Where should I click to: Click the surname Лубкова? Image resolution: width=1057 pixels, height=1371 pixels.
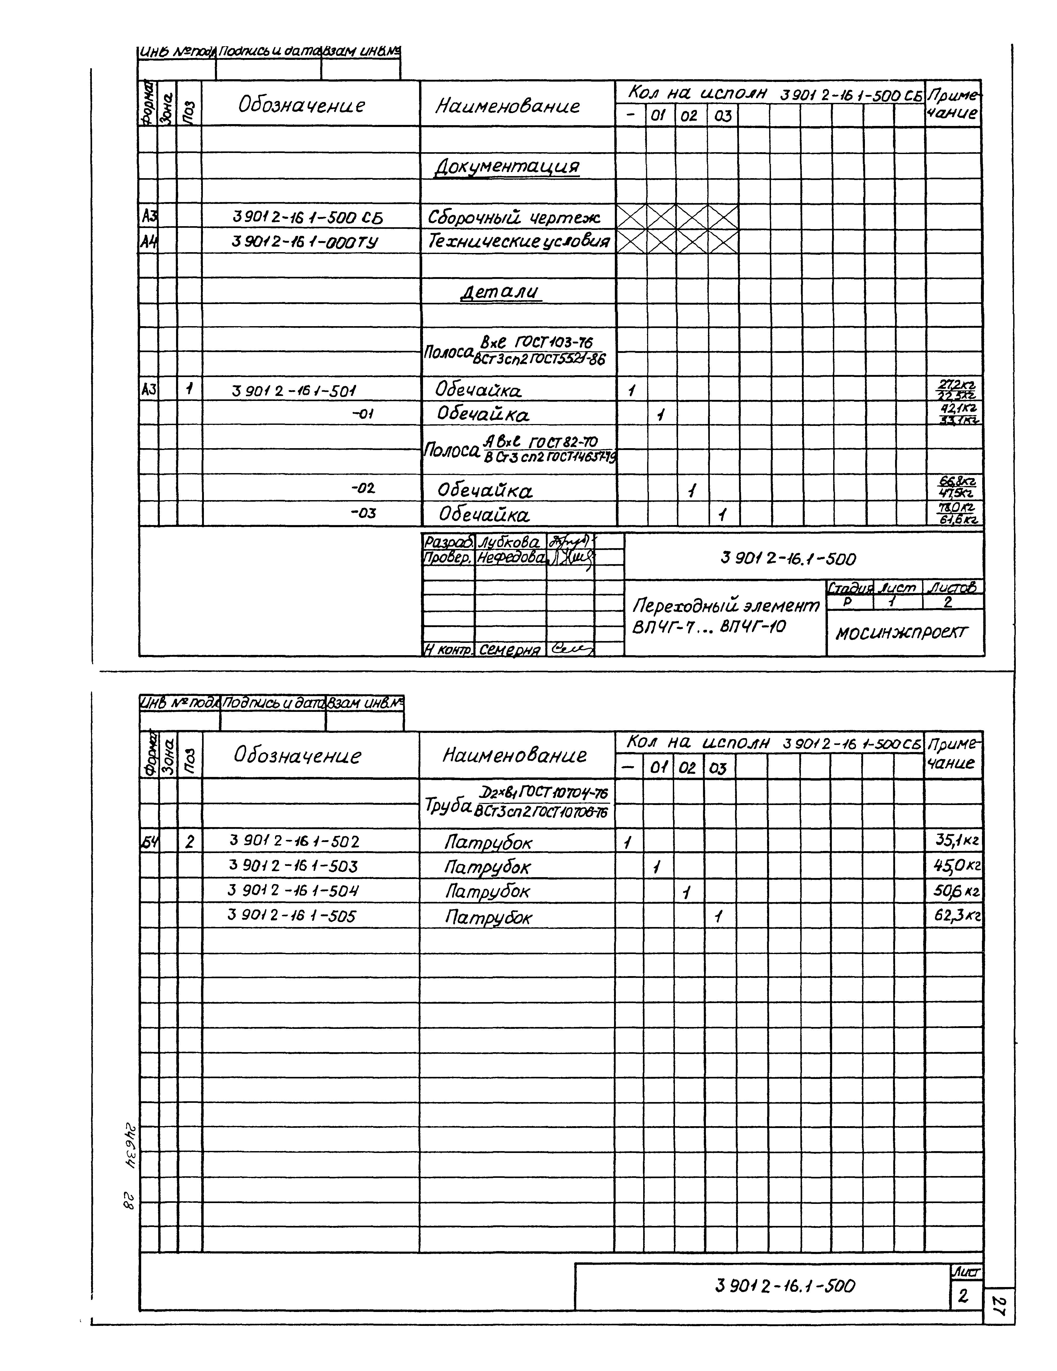click(x=509, y=542)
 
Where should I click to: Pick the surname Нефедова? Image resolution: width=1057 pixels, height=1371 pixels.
click(x=511, y=557)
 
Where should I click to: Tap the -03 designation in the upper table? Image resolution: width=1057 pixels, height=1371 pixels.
click(x=363, y=513)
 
